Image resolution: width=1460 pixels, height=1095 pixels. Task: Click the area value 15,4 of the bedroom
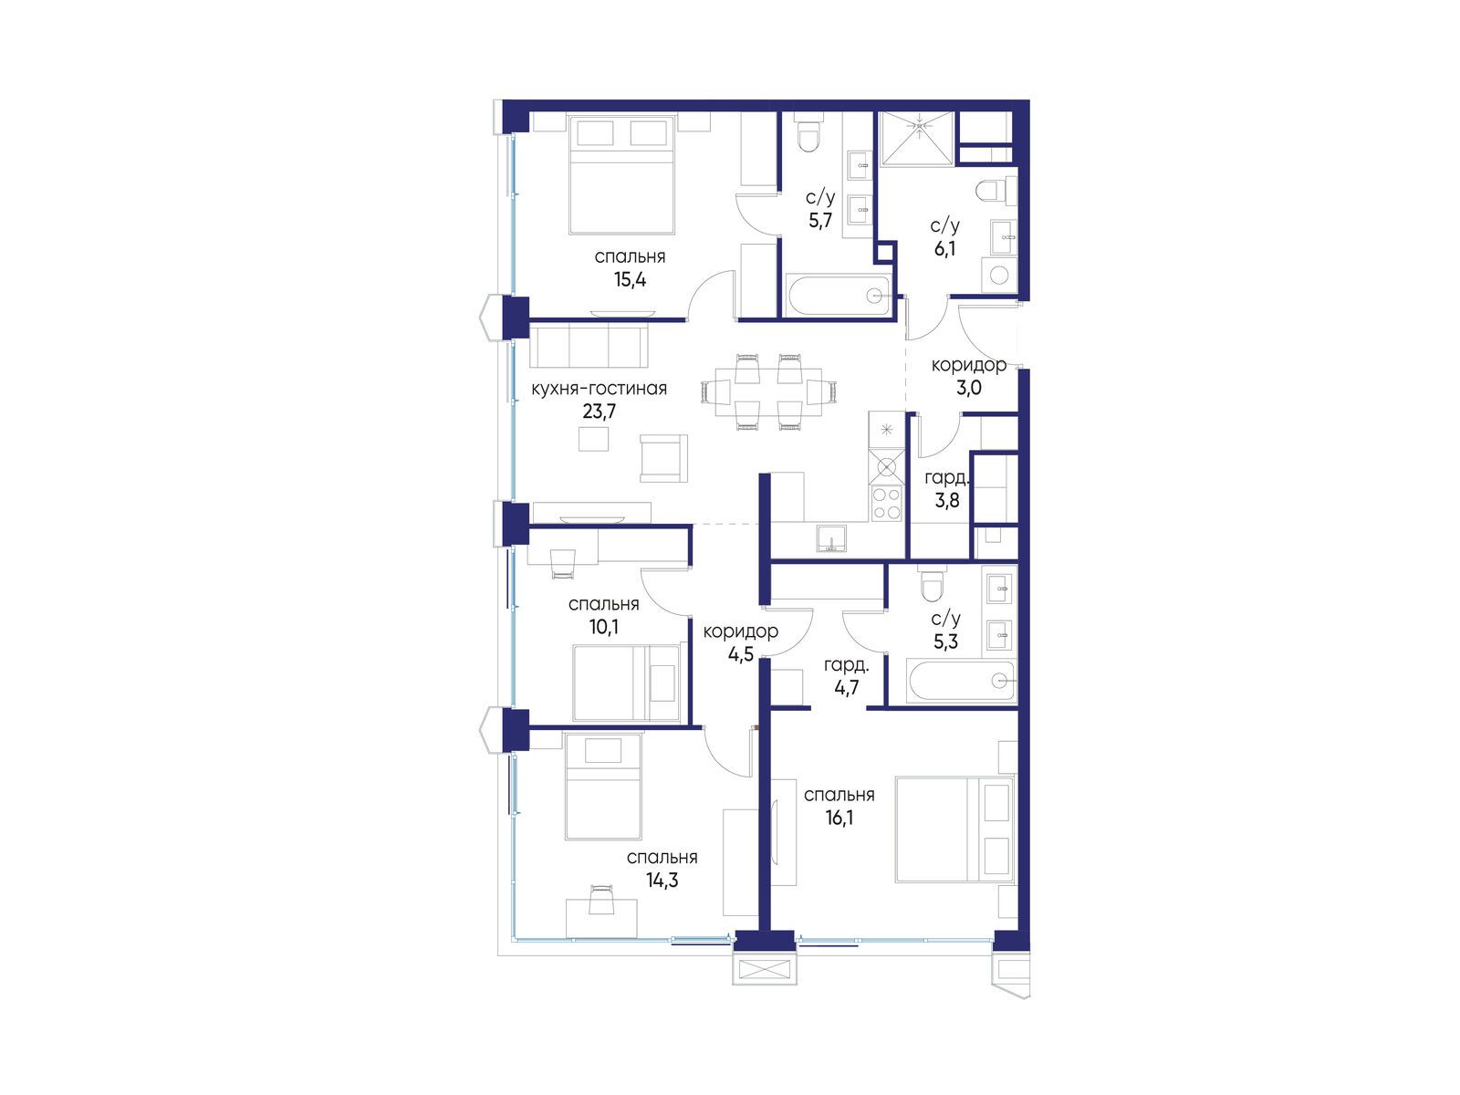tap(630, 280)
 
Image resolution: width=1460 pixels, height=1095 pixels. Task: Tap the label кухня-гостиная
tap(599, 389)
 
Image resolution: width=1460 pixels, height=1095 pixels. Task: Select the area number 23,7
tap(599, 412)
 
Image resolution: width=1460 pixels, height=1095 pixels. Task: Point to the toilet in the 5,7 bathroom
tap(809, 136)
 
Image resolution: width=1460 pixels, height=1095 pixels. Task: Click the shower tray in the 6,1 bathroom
tap(918, 138)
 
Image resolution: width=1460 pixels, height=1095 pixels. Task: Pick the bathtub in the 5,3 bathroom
tap(961, 681)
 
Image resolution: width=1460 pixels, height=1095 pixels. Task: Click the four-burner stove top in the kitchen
tap(886, 503)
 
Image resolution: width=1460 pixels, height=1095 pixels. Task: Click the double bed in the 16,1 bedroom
tap(954, 829)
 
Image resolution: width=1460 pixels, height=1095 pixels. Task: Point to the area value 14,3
tap(662, 881)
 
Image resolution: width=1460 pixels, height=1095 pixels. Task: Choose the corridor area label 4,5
tap(740, 654)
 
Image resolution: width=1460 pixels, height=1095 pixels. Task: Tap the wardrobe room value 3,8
tap(947, 500)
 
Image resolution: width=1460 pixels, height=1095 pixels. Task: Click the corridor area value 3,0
tap(968, 388)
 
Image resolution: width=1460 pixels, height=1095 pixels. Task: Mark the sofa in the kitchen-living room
tap(589, 345)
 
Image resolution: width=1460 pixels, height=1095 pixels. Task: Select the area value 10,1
tap(603, 626)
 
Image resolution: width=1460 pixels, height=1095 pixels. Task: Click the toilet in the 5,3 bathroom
tap(931, 582)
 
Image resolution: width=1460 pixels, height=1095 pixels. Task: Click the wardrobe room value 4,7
tap(846, 687)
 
